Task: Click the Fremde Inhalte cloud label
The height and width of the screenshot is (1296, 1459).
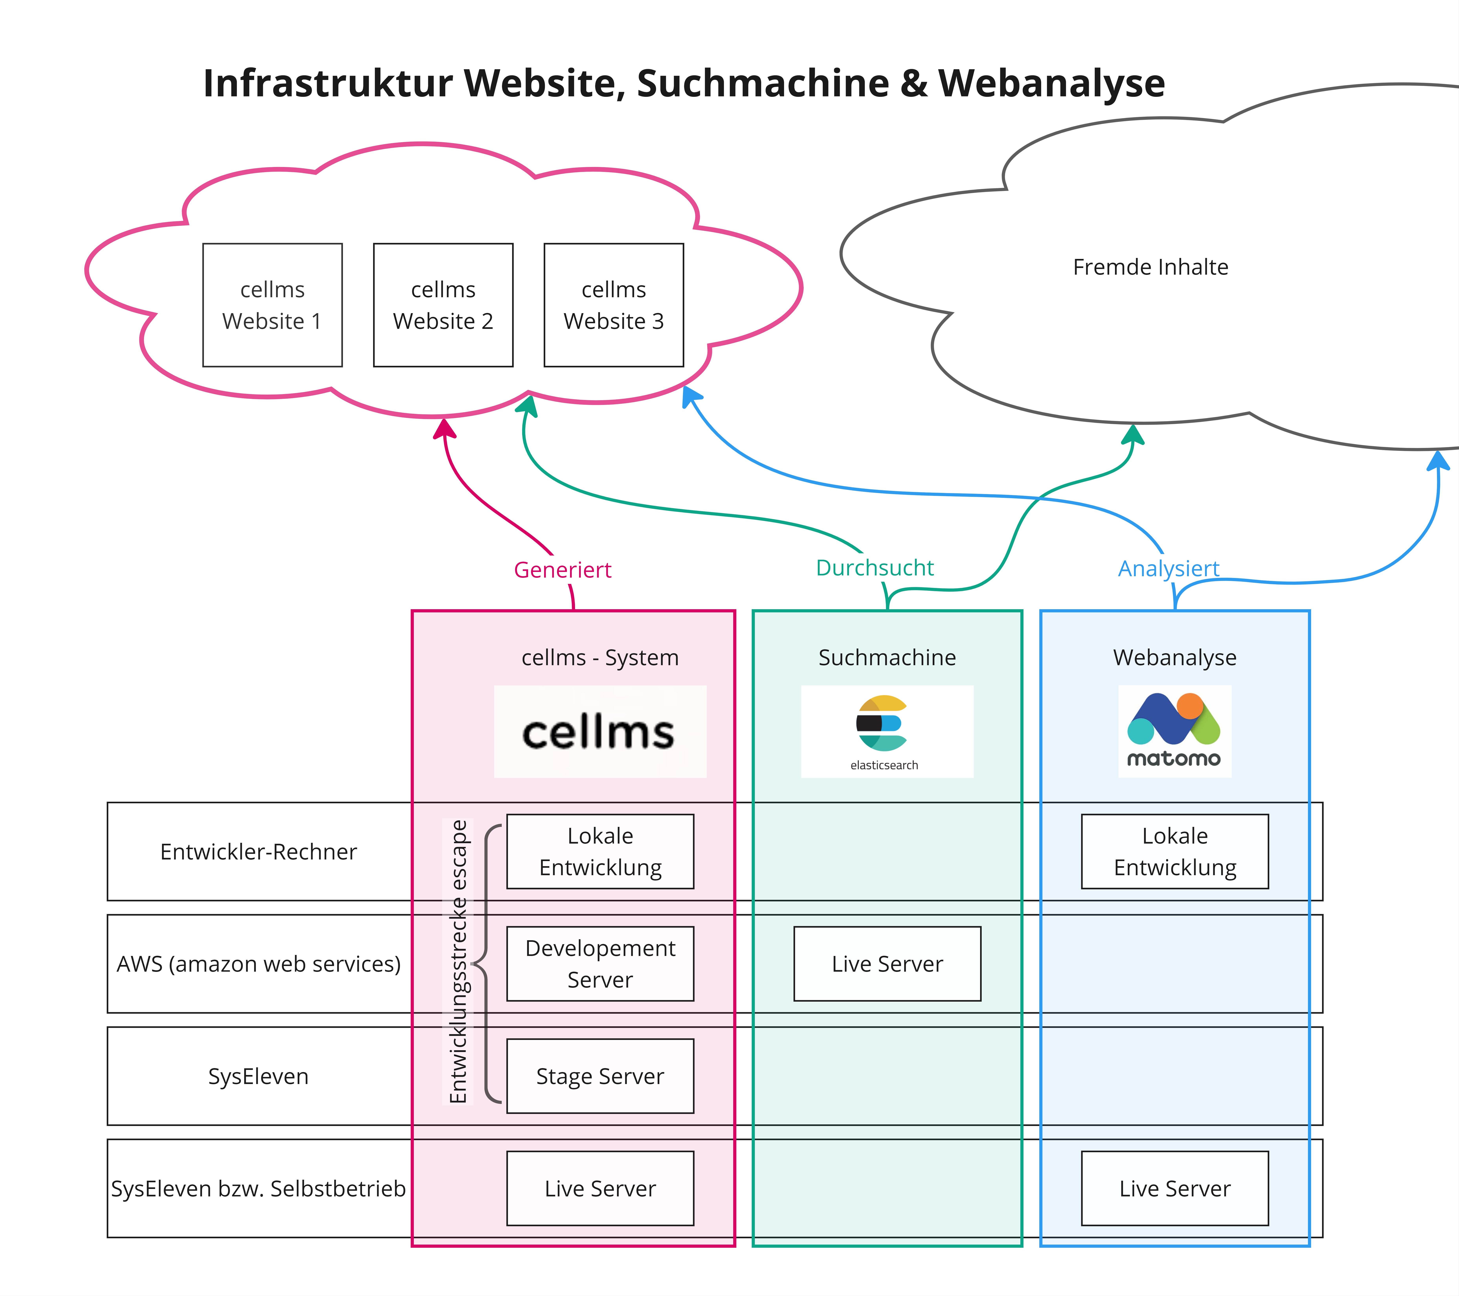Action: click(x=1150, y=267)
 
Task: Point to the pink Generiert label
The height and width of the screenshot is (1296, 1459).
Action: click(x=562, y=570)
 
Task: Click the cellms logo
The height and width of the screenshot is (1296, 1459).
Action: click(x=600, y=732)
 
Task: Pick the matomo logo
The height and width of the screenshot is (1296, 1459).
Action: click(x=1174, y=732)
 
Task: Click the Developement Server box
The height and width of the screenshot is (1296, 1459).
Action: click(x=600, y=963)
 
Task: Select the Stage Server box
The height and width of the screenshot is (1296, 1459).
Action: click(x=600, y=1075)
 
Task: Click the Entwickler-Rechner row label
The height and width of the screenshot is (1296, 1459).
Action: click(x=258, y=851)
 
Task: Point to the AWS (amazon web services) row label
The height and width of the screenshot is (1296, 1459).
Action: click(x=258, y=963)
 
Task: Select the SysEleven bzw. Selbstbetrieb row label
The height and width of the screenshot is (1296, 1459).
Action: click(x=258, y=1188)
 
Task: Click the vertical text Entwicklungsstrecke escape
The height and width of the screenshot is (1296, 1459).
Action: click(x=458, y=961)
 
